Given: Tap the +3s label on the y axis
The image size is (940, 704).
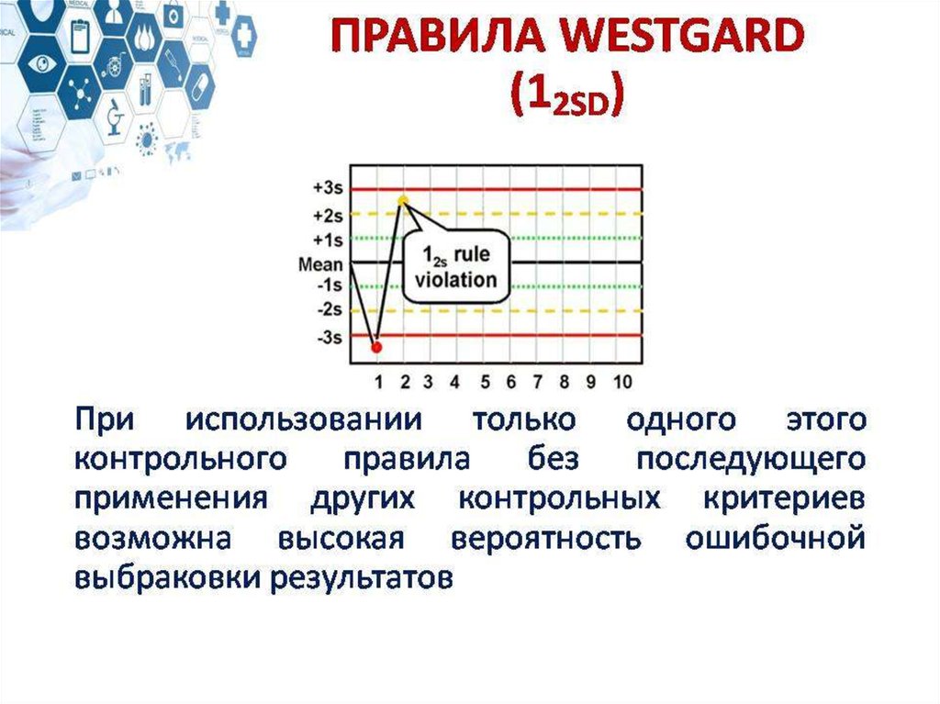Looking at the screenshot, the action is tap(328, 188).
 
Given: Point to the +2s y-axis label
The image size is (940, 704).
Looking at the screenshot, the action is tap(328, 215).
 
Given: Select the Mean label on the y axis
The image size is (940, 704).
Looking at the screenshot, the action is tap(320, 264).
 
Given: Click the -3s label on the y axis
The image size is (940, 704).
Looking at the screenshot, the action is tap(330, 338).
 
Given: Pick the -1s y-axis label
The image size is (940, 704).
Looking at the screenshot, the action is tap(330, 285).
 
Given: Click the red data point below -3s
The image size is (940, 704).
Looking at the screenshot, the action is tap(376, 347).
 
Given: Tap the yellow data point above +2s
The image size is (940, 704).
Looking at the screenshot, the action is tap(404, 201).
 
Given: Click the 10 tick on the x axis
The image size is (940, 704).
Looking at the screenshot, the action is tap(622, 382).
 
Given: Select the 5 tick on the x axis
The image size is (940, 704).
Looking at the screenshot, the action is tap(485, 382).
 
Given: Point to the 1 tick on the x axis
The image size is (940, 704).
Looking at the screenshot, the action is tap(378, 382).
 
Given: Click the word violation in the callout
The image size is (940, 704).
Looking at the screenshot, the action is tap(456, 280).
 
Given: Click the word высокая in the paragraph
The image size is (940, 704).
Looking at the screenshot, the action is tap(341, 538).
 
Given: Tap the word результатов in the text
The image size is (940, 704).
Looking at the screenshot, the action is tap(362, 578).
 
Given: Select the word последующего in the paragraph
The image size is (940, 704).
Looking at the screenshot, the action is tap(751, 460).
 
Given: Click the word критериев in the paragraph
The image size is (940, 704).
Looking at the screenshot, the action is tap(784, 499).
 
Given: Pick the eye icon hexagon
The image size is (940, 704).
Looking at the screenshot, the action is tap(40, 63).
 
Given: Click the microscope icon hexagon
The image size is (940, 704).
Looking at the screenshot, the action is tap(113, 117).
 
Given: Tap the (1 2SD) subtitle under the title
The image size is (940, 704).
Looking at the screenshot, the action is tap(567, 96).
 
